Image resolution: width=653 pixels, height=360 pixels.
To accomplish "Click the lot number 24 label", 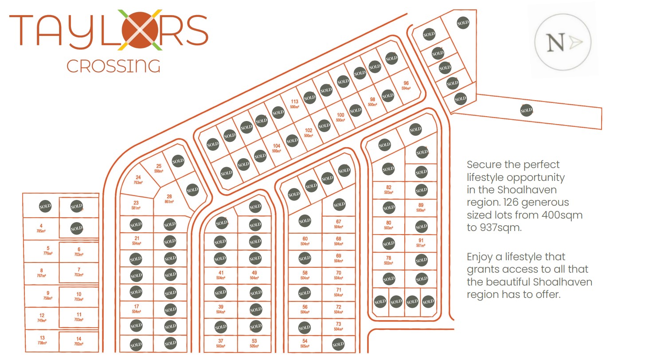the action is click(138, 179).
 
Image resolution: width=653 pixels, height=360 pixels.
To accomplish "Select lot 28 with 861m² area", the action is click(169, 198).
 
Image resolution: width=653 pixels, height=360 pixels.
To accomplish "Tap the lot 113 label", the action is click(294, 103).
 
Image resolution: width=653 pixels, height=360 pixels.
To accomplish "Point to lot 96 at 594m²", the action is click(406, 85).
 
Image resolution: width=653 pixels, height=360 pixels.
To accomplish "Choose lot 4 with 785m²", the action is click(41, 228).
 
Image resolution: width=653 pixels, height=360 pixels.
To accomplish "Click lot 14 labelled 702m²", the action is click(78, 341).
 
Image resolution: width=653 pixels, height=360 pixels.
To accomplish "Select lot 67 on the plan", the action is click(338, 223).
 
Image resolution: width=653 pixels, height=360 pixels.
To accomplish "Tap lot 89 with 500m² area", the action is click(421, 207).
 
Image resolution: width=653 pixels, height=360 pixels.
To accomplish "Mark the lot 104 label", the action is click(277, 148).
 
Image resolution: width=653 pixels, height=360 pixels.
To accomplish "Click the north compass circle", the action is click(563, 43).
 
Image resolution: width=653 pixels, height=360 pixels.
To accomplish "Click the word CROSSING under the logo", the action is click(113, 67).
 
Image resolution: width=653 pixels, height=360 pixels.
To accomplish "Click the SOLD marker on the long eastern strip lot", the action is click(526, 110).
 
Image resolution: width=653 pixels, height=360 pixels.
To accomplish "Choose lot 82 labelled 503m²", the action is click(388, 189).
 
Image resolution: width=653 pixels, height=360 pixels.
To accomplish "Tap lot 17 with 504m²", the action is click(136, 308).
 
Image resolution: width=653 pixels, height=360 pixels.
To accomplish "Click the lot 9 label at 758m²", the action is click(47, 295).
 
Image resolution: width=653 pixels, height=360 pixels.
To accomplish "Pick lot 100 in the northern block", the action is click(340, 117).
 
